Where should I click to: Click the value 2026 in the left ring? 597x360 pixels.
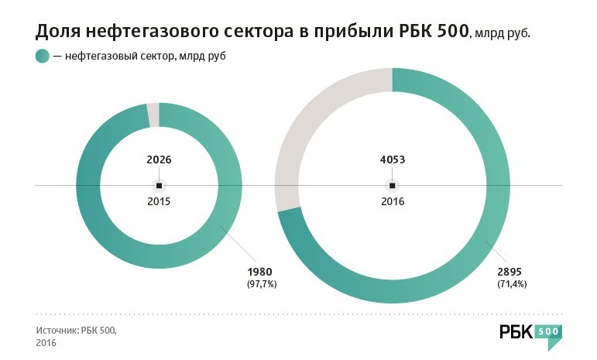pyautogui.click(x=159, y=160)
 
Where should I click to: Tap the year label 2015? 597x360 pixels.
pyautogui.click(x=159, y=201)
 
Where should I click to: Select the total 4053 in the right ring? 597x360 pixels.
pyautogui.click(x=393, y=160)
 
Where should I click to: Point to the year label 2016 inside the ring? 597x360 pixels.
pyautogui.click(x=393, y=201)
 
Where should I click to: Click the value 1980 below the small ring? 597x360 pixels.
pyautogui.click(x=260, y=272)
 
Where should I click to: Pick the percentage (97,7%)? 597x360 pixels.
pyautogui.click(x=261, y=284)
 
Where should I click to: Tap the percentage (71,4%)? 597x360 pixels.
pyautogui.click(x=511, y=284)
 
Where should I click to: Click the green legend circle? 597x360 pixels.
pyautogui.click(x=43, y=57)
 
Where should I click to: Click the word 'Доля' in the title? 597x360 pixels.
pyautogui.click(x=60, y=32)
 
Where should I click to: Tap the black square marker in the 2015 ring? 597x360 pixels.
pyautogui.click(x=159, y=186)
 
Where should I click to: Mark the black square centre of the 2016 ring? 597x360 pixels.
pyautogui.click(x=393, y=186)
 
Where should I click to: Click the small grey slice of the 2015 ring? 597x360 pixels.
pyautogui.click(x=153, y=115)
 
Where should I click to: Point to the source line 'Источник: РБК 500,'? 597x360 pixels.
pyautogui.click(x=76, y=330)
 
